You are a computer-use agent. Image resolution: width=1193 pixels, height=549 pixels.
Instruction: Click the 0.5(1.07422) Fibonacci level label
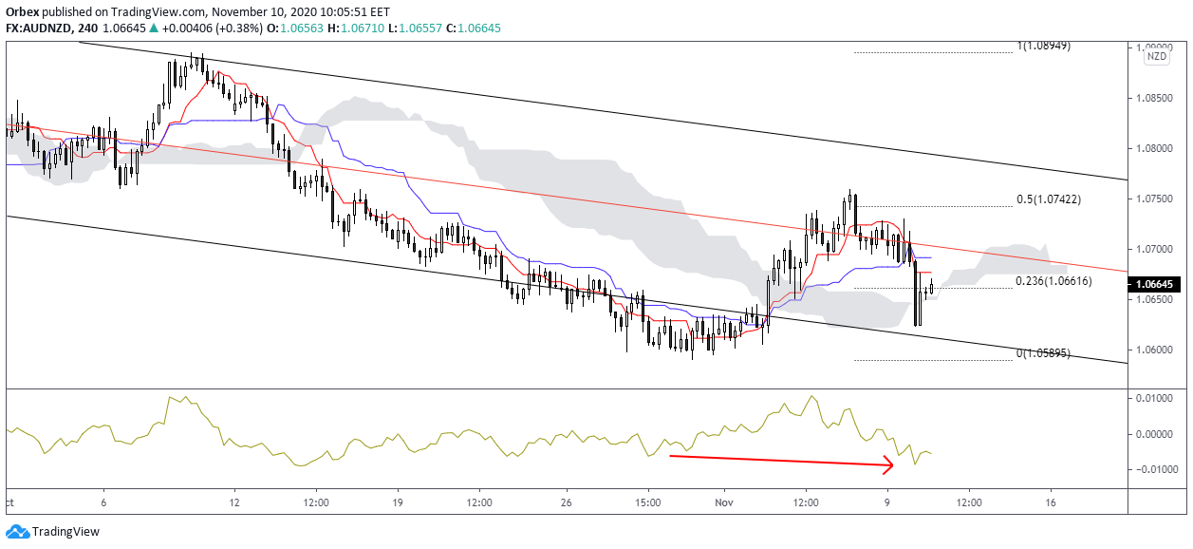coord(1048,199)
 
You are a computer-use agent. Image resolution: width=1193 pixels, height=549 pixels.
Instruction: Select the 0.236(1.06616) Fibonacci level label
coord(1053,281)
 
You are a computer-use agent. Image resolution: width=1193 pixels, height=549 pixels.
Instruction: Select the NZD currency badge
coord(1157,57)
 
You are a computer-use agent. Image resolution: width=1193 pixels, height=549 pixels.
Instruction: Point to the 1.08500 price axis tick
coord(1156,98)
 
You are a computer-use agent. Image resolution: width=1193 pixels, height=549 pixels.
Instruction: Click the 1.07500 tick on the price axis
coord(1156,199)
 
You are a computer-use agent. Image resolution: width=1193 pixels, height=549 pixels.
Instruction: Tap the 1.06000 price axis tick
coord(1156,350)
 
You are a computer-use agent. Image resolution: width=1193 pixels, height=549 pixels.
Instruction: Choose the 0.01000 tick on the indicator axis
coord(1156,398)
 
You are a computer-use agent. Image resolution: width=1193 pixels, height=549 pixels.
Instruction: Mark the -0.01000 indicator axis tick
coord(1154,470)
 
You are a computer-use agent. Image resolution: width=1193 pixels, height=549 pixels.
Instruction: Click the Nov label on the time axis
coord(724,502)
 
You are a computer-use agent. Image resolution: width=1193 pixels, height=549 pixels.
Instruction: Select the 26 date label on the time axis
coord(565,502)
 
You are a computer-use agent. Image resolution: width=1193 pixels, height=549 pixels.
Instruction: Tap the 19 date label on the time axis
coord(398,502)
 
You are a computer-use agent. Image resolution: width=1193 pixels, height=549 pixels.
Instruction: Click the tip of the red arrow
coord(894,464)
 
